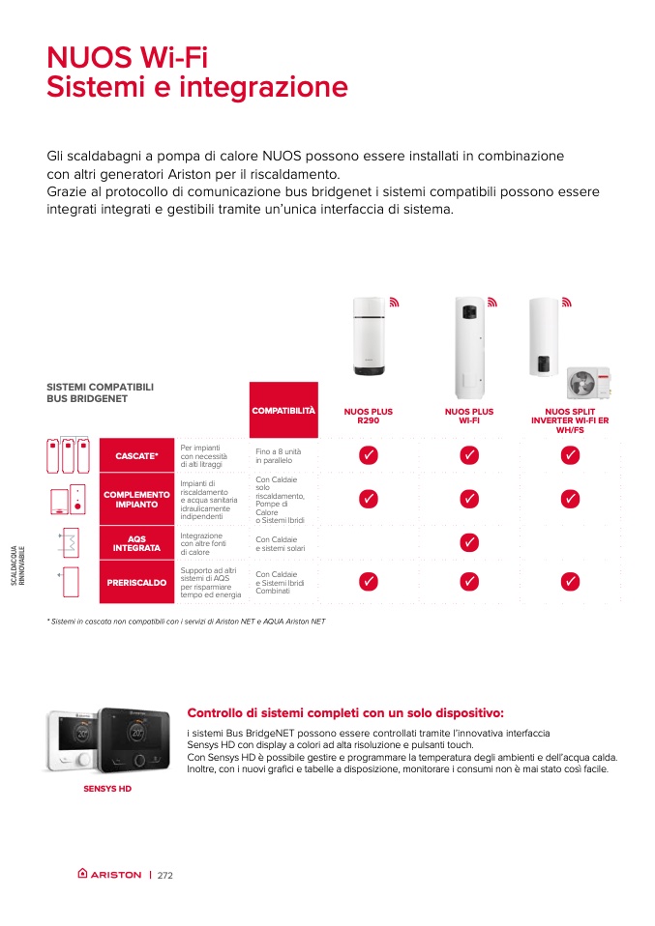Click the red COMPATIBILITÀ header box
tap(283, 411)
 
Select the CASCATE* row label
tap(137, 455)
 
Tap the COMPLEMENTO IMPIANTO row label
tap(137, 499)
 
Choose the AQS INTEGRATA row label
tap(137, 543)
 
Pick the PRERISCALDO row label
tap(137, 583)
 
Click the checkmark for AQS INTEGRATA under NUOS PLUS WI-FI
tap(469, 542)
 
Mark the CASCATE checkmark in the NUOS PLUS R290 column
tap(368, 455)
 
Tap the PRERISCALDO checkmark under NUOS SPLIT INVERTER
tap(570, 582)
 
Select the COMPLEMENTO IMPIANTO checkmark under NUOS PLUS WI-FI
tap(469, 499)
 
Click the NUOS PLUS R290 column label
tap(369, 417)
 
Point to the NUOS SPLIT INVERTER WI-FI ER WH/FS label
tap(570, 420)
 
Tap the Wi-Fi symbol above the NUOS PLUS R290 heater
tap(394, 303)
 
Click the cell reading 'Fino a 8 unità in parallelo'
tap(279, 455)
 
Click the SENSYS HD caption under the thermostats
tap(105, 789)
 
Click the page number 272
tap(164, 875)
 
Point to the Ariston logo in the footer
tap(109, 875)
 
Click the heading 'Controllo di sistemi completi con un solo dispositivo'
tap(345, 713)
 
